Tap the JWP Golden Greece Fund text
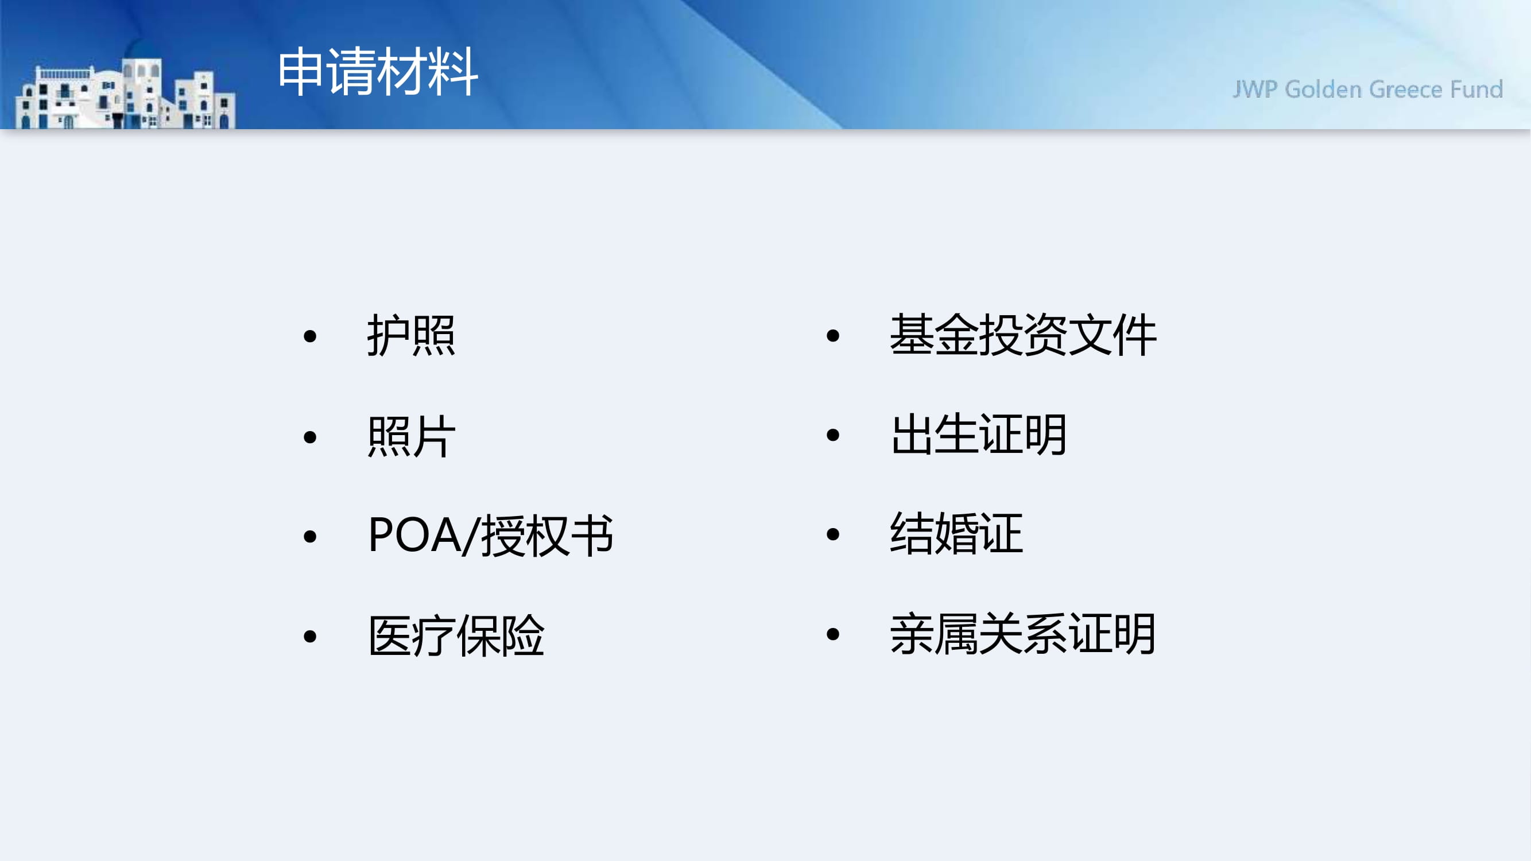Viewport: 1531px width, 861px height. click(1367, 89)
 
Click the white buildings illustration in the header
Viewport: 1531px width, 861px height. click(125, 94)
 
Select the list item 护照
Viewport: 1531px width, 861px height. click(411, 335)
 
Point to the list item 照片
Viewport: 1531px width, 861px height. click(411, 436)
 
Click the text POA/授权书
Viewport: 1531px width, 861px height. click(490, 536)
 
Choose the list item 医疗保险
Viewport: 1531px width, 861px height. click(456, 636)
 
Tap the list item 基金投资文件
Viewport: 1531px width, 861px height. click(1023, 335)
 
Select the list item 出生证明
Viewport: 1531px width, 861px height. click(979, 435)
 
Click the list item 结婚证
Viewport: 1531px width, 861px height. click(956, 534)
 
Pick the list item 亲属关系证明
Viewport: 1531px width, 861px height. click(1023, 634)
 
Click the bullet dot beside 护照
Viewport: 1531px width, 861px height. click(309, 336)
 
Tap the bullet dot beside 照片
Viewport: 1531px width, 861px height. click(309, 437)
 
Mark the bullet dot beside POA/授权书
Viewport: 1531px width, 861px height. click(309, 537)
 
